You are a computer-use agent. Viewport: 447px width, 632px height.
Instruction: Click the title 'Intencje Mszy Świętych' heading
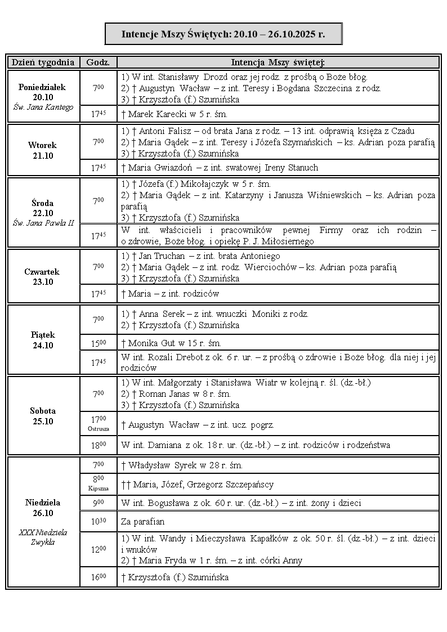[x=223, y=34]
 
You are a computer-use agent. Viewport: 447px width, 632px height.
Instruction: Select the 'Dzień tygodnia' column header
[x=43, y=62]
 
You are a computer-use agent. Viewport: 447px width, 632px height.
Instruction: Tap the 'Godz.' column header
[x=98, y=62]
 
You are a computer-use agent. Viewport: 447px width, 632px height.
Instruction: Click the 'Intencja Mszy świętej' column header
[x=278, y=62]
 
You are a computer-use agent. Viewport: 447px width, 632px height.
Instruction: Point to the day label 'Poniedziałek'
[x=42, y=87]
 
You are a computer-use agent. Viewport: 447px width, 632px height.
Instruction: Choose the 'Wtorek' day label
[x=42, y=145]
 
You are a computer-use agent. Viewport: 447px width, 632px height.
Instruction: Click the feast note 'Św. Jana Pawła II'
[x=43, y=223]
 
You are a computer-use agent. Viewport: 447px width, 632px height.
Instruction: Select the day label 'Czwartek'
[x=42, y=272]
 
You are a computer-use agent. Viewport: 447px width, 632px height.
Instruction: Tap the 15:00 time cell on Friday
[x=98, y=343]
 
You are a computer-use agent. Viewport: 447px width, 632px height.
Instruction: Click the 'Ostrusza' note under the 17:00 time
[x=98, y=429]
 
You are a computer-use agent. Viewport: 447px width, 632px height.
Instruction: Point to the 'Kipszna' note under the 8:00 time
[x=98, y=488]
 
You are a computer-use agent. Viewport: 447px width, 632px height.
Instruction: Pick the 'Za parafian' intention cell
[x=141, y=521]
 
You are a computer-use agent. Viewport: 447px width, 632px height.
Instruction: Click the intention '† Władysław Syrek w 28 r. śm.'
[x=182, y=465]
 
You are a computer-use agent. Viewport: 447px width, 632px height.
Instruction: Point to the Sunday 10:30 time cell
[x=98, y=521]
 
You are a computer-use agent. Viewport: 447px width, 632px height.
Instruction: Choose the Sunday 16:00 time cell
[x=98, y=577]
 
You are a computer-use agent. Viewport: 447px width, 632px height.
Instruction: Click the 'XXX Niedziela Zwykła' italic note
[x=43, y=537]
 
